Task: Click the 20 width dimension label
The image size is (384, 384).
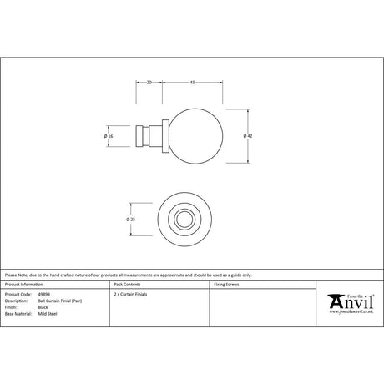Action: [148, 83]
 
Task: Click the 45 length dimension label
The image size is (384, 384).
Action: [193, 83]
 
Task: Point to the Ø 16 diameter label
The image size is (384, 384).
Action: [109, 135]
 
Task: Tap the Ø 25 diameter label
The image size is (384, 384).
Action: [130, 219]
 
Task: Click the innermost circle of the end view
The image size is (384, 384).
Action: [181, 219]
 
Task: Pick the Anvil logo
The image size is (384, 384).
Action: [348, 300]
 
